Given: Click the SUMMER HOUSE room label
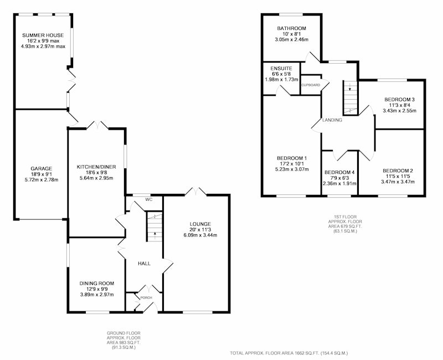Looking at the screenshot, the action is click(43, 35).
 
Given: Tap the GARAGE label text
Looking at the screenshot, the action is click(41, 169).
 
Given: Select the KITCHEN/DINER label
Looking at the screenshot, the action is click(96, 167).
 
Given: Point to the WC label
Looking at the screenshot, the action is click(149, 199).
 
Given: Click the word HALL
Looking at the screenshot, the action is click(144, 264).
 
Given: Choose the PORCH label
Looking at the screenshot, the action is click(146, 298).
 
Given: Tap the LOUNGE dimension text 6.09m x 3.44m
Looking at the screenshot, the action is click(200, 235).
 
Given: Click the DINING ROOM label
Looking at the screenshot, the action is click(96, 284).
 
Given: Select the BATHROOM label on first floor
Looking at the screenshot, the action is click(292, 28).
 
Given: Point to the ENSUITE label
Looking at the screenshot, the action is click(281, 69).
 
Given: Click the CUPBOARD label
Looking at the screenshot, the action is click(311, 85).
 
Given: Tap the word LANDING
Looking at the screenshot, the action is click(332, 120).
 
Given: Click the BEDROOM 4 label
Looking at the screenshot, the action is click(339, 172).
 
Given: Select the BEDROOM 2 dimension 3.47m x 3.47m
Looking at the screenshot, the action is click(398, 182).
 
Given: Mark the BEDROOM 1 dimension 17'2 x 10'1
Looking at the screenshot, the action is click(292, 163).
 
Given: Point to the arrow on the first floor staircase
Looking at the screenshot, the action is click(350, 87).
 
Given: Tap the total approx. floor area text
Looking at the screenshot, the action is click(289, 353).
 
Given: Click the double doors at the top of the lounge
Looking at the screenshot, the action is click(195, 191).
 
